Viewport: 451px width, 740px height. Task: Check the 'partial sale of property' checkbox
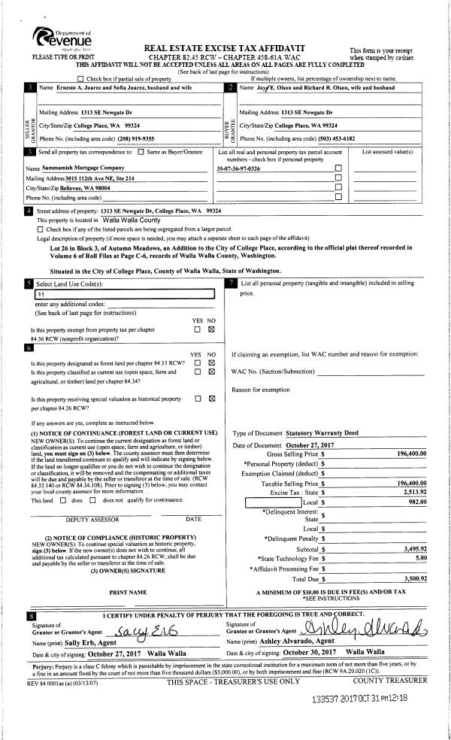point(81,79)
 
